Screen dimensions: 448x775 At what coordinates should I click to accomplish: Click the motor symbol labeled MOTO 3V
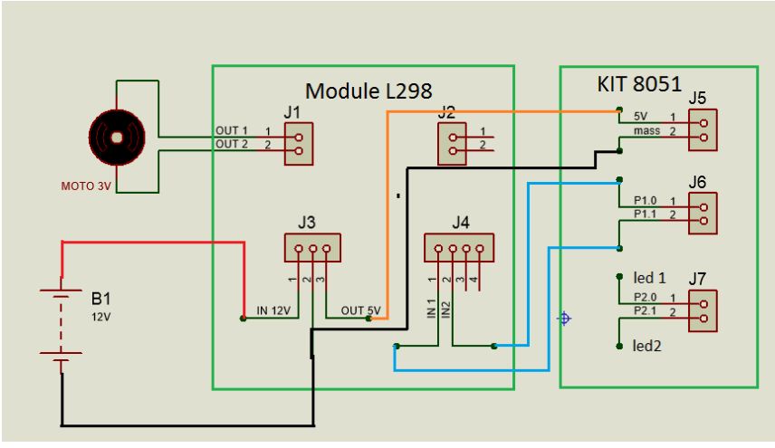pos(116,137)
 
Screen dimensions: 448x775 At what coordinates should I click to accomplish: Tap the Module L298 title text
pos(369,91)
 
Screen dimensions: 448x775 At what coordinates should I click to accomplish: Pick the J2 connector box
pos(449,143)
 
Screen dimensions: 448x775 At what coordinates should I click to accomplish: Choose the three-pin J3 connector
pos(311,247)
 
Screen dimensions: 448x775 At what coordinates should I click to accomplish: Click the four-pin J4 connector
pos(458,247)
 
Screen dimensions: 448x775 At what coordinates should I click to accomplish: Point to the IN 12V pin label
pos(274,311)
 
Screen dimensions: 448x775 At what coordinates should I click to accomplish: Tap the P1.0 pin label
pos(646,200)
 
